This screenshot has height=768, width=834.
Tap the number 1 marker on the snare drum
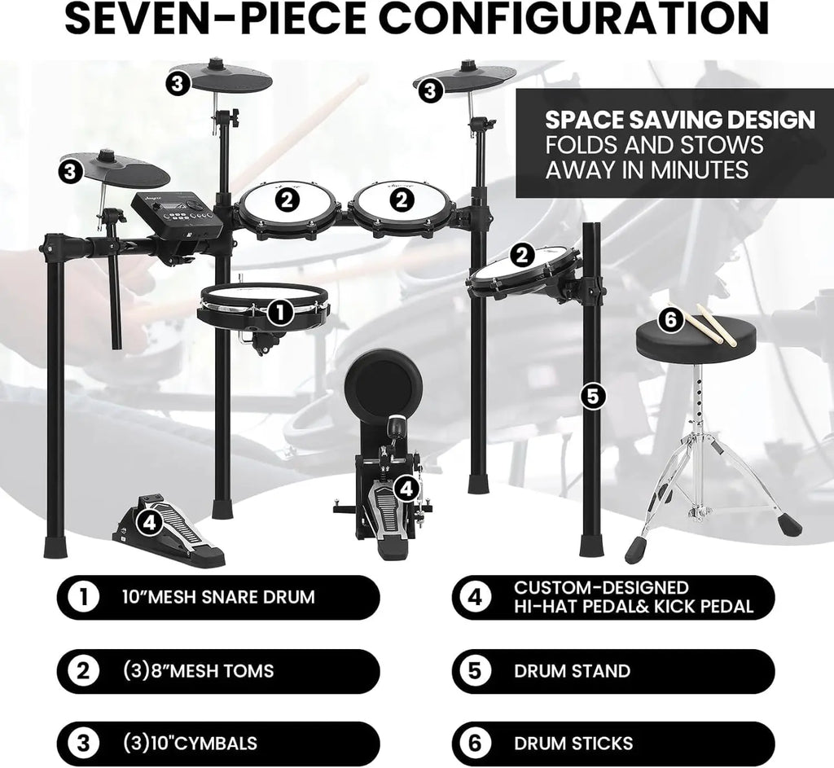click(x=279, y=310)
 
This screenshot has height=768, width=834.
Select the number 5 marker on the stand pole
click(x=593, y=396)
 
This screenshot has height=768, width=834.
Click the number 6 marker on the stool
click(x=670, y=320)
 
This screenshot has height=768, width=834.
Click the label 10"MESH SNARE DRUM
click(x=217, y=597)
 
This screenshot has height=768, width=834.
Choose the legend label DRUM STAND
click(x=572, y=671)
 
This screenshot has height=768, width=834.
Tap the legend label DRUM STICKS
click(x=573, y=743)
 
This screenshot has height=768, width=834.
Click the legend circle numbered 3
click(x=81, y=743)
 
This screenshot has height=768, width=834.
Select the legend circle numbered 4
click(x=476, y=597)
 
